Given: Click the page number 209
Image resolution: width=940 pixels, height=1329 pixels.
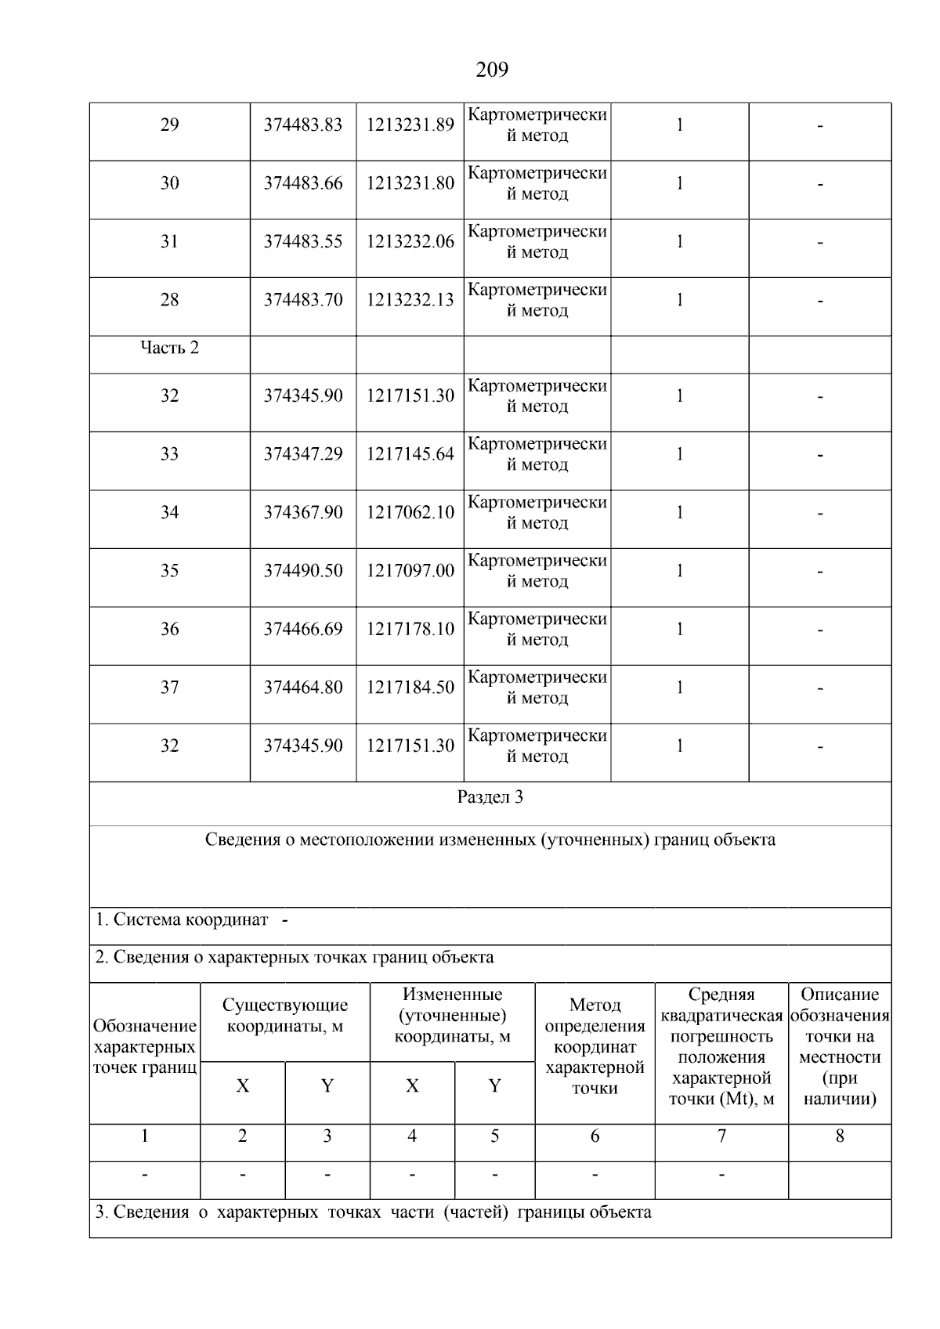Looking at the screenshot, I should click(492, 70).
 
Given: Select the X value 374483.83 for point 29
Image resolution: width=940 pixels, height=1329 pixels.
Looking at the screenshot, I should click(303, 125).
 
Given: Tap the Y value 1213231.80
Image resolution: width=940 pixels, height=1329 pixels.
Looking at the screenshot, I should click(410, 184).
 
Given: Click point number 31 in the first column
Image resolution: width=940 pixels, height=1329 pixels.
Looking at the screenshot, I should click(169, 242).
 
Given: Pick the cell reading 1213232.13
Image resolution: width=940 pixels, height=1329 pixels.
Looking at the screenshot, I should click(410, 301).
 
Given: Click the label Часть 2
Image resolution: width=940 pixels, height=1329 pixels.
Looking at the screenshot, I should click(169, 348).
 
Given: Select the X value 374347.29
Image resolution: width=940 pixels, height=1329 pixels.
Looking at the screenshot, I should click(303, 455).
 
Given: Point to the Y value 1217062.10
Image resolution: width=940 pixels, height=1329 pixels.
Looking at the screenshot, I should click(410, 513).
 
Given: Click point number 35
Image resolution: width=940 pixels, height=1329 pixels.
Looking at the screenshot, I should click(169, 571).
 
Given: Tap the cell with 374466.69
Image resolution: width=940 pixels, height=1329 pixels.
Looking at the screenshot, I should click(303, 630).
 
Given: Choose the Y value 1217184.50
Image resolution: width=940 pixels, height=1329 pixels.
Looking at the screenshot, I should click(410, 688).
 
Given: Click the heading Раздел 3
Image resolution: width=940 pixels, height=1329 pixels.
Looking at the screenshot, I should click(490, 798).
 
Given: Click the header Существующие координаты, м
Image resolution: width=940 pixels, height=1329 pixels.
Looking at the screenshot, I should click(285, 1016).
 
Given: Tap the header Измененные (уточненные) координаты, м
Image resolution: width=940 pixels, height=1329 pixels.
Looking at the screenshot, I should click(452, 1016).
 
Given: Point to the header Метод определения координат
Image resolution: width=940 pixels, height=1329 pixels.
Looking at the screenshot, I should click(595, 1046).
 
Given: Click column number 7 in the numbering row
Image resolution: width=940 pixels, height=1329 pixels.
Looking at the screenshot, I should click(721, 1136).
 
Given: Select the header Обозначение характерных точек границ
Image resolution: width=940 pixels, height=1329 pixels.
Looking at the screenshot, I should click(145, 1047).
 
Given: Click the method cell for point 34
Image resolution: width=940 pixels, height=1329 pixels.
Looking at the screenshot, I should click(537, 513).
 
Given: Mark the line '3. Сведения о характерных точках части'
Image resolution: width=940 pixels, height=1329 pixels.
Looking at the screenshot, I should click(373, 1213).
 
